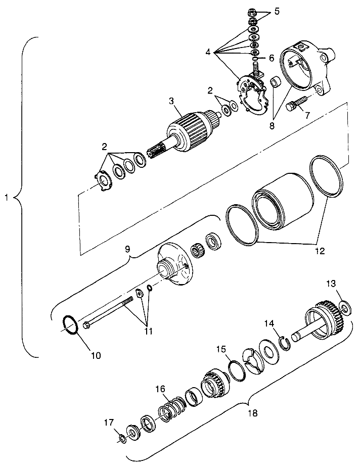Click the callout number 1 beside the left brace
tap(7, 198)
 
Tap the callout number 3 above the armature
tap(172, 101)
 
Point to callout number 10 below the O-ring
tap(95, 355)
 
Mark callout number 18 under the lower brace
tap(253, 413)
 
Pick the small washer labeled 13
tap(344, 307)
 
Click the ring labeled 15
tap(237, 369)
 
